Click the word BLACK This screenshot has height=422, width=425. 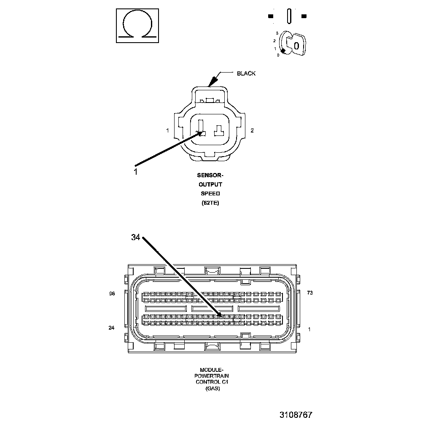(x=246, y=73)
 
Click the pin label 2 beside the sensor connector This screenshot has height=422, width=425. (x=252, y=130)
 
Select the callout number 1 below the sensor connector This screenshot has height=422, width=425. (x=135, y=171)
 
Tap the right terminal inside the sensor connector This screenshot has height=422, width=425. (x=218, y=130)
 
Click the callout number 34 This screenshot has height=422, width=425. (x=135, y=238)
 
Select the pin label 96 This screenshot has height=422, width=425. (x=112, y=294)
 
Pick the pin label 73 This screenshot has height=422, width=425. (x=310, y=293)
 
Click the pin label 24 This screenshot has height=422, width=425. (x=111, y=328)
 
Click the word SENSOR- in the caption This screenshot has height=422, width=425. (x=210, y=175)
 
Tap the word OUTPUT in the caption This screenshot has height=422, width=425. (x=210, y=184)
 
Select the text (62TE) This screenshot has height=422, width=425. (x=210, y=203)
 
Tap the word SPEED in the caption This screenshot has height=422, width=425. (x=210, y=194)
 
